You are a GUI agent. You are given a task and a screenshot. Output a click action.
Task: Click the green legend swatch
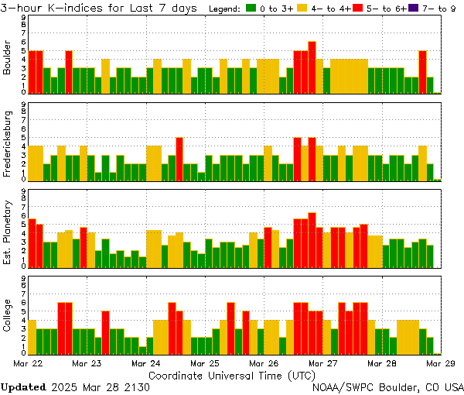pyautogui.click(x=251, y=9)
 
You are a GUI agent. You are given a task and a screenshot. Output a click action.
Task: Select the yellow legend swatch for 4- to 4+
pyautogui.click(x=302, y=9)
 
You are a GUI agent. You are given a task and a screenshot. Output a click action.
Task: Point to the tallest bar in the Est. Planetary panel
pyautogui.click(x=312, y=239)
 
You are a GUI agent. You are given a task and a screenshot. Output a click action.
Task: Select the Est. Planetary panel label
pyautogui.click(x=8, y=232)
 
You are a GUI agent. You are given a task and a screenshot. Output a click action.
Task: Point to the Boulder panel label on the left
pyautogui.click(x=8, y=58)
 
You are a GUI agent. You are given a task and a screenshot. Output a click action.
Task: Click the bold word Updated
pyautogui.click(x=23, y=386)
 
